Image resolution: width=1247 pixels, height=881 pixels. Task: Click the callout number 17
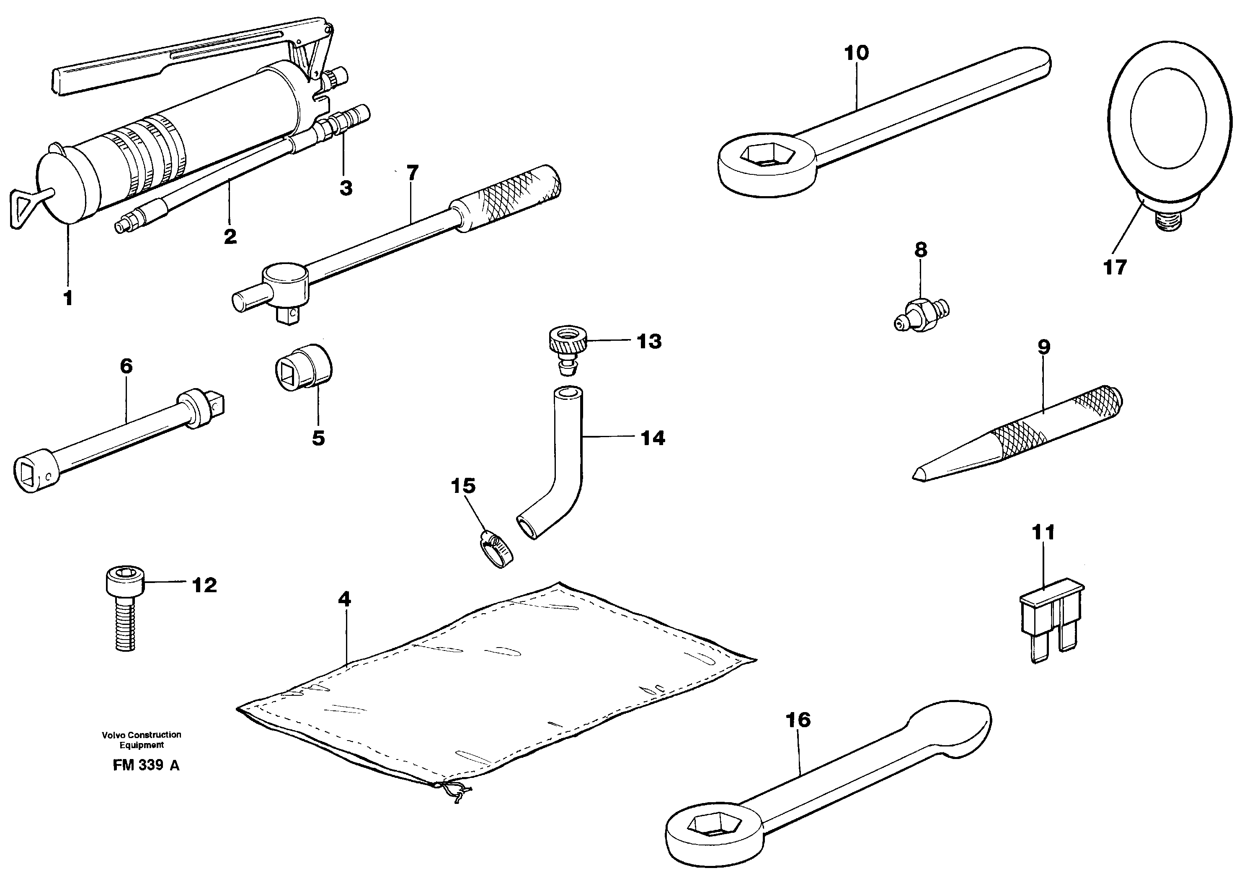[x=1115, y=267]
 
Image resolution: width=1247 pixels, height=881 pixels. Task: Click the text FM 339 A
[x=145, y=765]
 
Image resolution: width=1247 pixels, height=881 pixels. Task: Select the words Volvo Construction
[x=141, y=735]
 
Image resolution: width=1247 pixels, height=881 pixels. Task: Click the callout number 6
[x=126, y=366]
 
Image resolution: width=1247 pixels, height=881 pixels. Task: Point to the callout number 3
[x=346, y=188]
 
